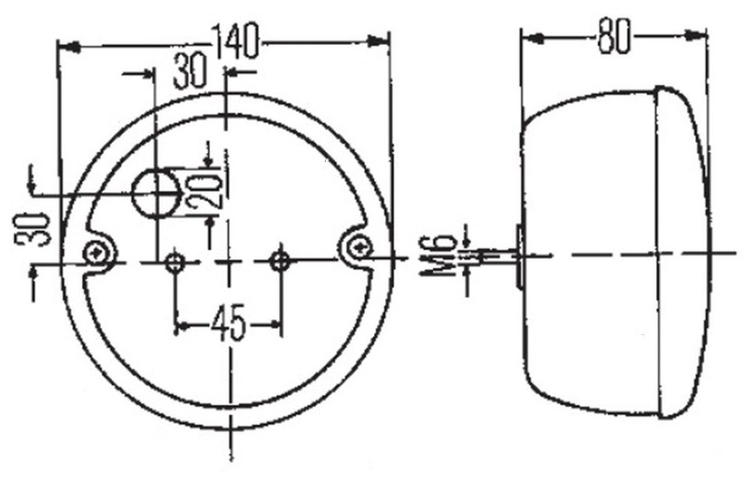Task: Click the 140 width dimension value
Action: (236, 41)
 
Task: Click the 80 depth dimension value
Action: (614, 36)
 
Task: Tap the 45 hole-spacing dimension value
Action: (229, 323)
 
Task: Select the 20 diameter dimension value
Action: (205, 191)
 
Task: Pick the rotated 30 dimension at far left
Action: (33, 229)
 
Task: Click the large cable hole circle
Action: (157, 193)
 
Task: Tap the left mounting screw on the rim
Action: (94, 251)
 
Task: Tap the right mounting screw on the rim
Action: (359, 248)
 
